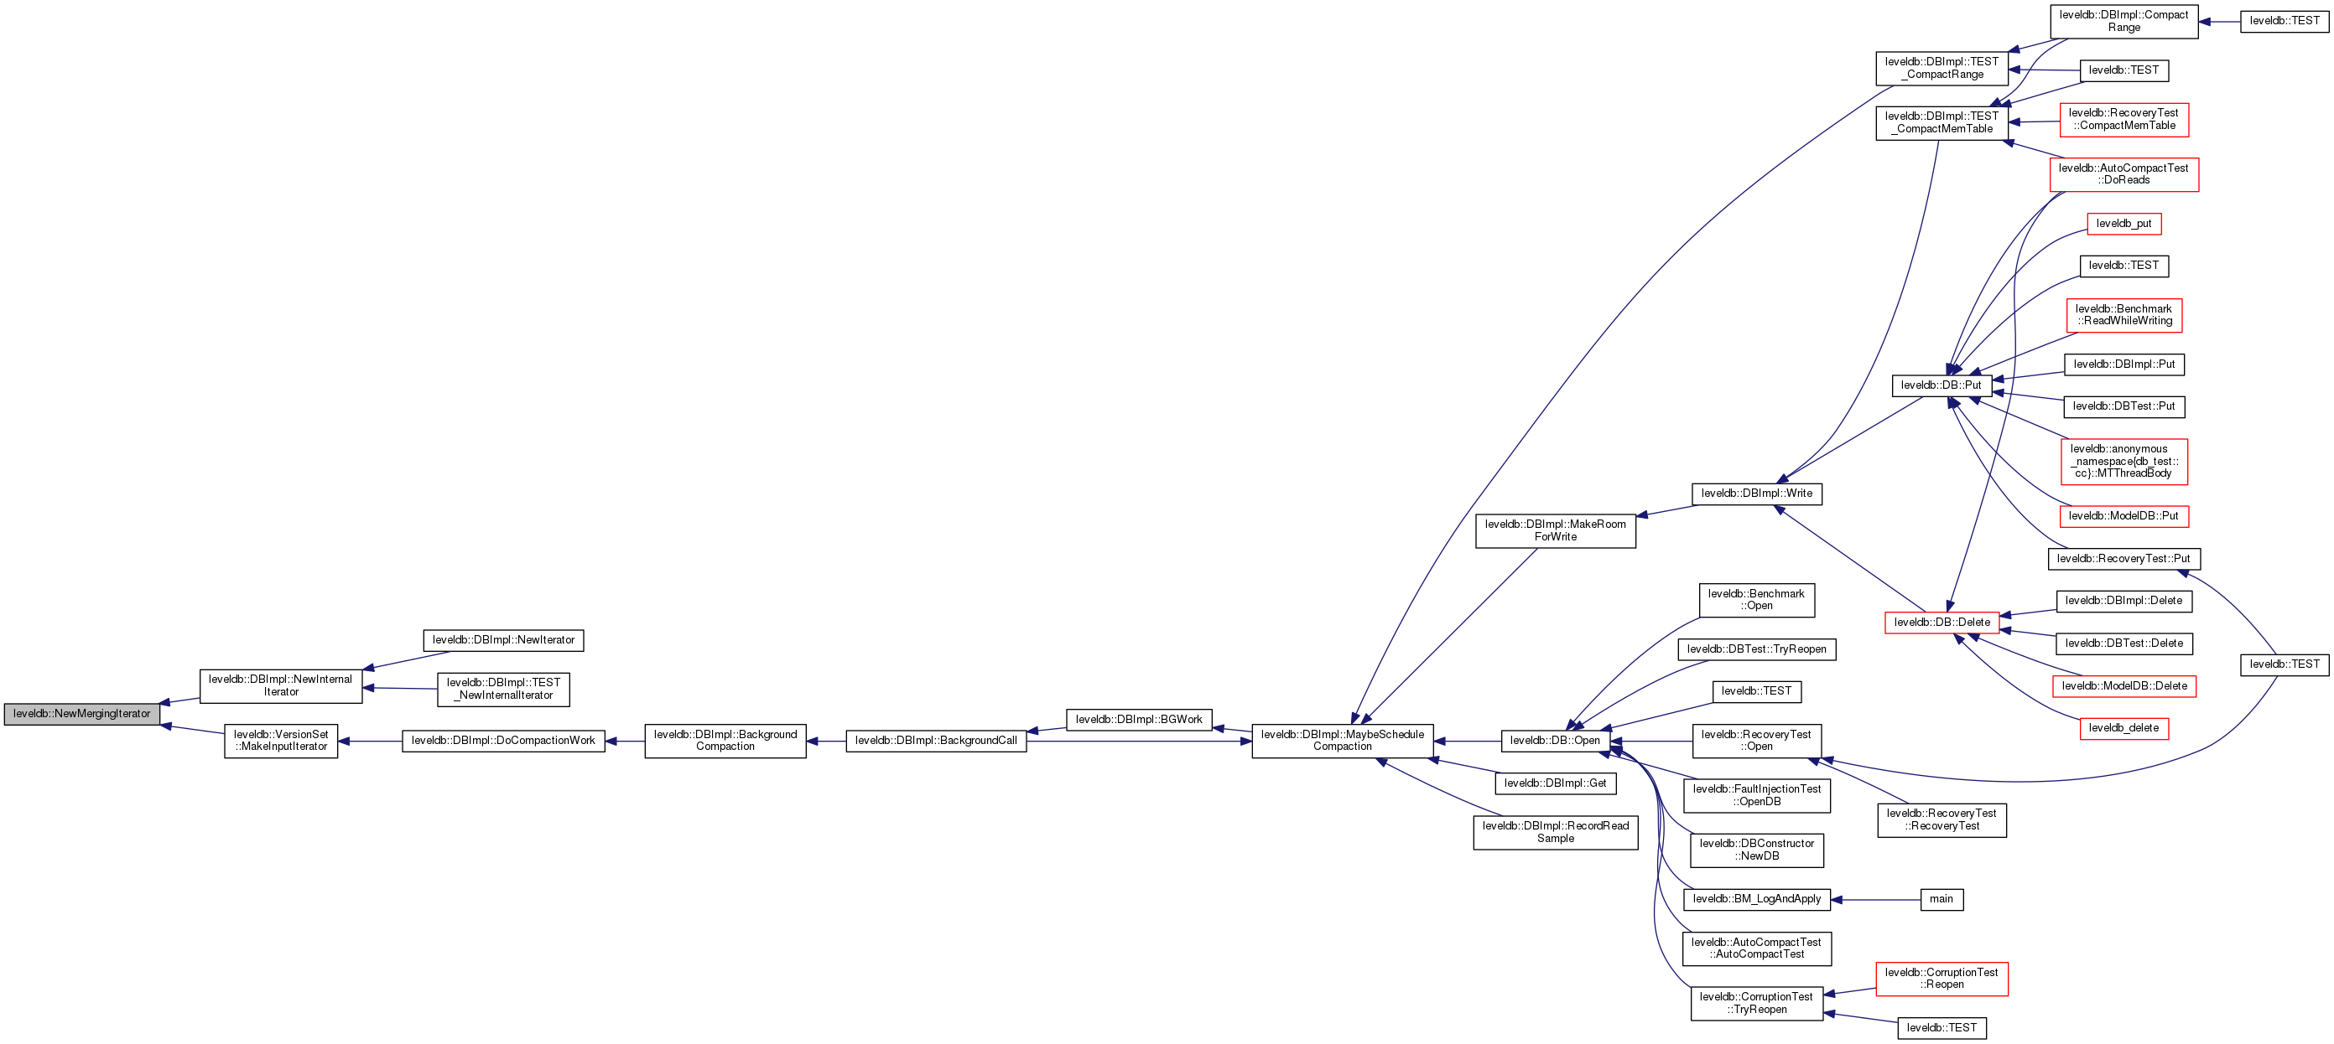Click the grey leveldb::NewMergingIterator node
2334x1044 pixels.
click(x=81, y=715)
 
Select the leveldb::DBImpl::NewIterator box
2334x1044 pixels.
click(x=503, y=640)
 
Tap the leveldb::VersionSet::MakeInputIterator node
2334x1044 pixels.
click(x=281, y=741)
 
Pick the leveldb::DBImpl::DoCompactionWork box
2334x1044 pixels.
click(x=503, y=741)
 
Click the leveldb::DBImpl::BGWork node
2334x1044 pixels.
click(x=1138, y=720)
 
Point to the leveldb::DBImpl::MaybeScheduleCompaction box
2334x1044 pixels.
click(x=1342, y=741)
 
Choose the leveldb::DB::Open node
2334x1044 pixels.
click(x=1555, y=741)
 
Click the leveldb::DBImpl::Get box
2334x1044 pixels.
click(x=1555, y=783)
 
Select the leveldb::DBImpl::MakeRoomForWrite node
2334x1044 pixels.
click(x=1555, y=530)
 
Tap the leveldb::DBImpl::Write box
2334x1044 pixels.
click(x=1756, y=494)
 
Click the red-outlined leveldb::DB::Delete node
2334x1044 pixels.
click(x=1942, y=623)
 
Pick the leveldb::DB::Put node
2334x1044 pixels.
click(x=1941, y=385)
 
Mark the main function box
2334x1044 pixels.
click(x=1941, y=899)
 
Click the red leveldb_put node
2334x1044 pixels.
click(x=2123, y=224)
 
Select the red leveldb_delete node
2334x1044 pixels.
click(x=2123, y=728)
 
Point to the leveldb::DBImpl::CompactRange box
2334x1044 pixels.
click(x=2123, y=22)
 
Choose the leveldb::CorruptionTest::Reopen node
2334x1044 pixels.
click(x=1941, y=979)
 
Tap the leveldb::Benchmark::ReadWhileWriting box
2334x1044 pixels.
click(x=2123, y=315)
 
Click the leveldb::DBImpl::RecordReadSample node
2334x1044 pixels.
click(x=1555, y=832)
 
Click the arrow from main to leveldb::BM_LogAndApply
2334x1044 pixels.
click(x=1875, y=900)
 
